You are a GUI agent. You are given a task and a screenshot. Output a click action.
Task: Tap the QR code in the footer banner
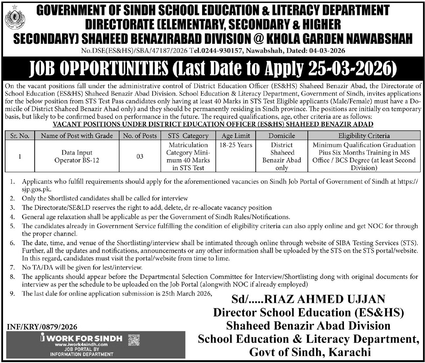click(x=134, y=340)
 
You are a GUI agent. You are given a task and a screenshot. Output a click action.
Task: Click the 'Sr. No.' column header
click(x=20, y=136)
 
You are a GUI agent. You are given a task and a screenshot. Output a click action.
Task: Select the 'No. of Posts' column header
click(x=140, y=136)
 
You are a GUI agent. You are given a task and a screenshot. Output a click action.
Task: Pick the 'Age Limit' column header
click(x=236, y=136)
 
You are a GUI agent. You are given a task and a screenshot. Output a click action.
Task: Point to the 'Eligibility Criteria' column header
click(x=364, y=136)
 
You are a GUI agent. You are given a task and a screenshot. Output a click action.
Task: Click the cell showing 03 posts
click(x=140, y=156)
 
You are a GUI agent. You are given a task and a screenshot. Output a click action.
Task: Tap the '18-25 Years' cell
click(x=236, y=145)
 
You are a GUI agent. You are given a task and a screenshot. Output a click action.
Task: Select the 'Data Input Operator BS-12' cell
click(x=77, y=156)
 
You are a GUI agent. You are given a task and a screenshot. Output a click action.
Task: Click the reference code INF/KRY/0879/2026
click(x=42, y=327)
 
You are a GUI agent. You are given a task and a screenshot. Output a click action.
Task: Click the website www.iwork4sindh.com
click(x=81, y=345)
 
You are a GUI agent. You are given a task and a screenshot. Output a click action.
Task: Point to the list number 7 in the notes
click(x=12, y=267)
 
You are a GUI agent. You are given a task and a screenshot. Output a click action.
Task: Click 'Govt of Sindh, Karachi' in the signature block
click(x=310, y=352)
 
